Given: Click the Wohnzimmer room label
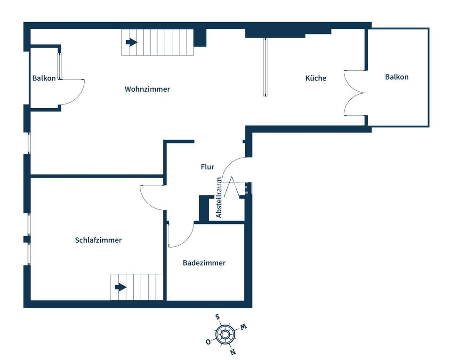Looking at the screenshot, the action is click(x=147, y=89).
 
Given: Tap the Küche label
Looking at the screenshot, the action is click(x=315, y=78).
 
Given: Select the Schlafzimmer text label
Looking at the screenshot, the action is click(x=98, y=240).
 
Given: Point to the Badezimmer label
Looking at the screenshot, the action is click(x=204, y=263).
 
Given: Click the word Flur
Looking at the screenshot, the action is click(x=208, y=167).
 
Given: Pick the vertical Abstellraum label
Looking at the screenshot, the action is click(x=219, y=198).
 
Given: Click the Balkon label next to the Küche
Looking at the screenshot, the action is click(x=396, y=77).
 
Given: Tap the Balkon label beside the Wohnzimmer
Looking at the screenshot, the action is click(x=44, y=78).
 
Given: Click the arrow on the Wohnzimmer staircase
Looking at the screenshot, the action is click(x=132, y=42).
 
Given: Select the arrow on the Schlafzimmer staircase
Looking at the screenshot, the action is click(x=121, y=287).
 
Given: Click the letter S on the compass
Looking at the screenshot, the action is click(x=218, y=317).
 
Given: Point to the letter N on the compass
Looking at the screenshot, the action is click(x=233, y=352).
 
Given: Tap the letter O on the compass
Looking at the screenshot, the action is click(x=208, y=342).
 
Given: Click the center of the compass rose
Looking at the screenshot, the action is click(x=225, y=335).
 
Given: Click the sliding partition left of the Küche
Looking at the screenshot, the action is click(x=265, y=67).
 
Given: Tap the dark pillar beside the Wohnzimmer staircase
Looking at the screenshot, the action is click(x=200, y=38).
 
